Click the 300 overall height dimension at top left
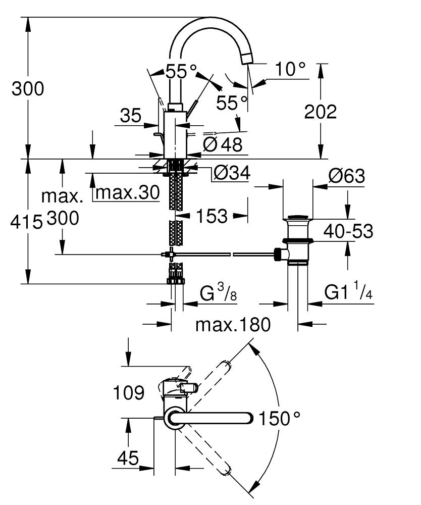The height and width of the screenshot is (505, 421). click(x=28, y=89)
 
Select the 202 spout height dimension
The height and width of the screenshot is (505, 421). click(x=320, y=112)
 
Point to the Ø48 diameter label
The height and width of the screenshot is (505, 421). click(x=223, y=145)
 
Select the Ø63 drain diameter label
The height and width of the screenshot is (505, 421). click(x=346, y=176)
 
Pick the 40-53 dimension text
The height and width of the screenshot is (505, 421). click(x=348, y=231)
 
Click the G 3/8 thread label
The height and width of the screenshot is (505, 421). click(x=219, y=293)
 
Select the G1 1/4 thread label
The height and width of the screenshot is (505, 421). click(x=348, y=293)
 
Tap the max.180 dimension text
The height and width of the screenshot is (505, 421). click(x=233, y=324)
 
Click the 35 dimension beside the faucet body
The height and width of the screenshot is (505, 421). click(x=131, y=116)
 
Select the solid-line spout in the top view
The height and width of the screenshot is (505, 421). click(x=212, y=418)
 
